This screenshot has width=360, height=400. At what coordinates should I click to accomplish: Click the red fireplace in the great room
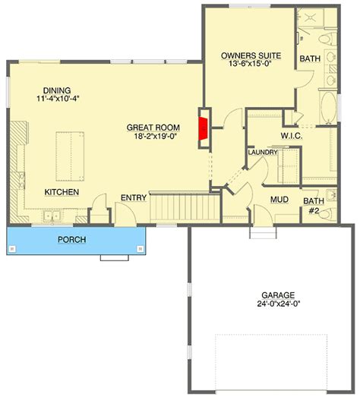[204, 128]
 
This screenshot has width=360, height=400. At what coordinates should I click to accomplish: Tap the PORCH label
[71, 240]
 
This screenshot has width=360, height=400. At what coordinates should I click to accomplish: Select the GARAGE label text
[278, 295]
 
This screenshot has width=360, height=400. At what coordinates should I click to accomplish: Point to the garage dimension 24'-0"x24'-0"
[278, 304]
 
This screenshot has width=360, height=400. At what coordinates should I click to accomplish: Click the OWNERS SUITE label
[251, 55]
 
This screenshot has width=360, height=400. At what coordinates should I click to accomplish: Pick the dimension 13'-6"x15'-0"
[250, 64]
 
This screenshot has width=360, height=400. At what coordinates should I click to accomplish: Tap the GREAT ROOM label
[153, 128]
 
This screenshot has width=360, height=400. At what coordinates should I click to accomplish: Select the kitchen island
[70, 156]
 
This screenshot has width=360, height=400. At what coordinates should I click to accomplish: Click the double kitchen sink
[52, 216]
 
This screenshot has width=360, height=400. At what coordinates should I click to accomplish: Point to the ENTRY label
[134, 197]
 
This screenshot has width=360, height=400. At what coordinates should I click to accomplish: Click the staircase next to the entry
[185, 208]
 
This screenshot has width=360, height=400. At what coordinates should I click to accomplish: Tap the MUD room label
[279, 200]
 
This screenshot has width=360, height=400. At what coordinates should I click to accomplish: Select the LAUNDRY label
[263, 153]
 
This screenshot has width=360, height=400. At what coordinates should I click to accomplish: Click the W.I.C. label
[292, 136]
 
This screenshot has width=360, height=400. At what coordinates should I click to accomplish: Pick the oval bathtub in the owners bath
[328, 107]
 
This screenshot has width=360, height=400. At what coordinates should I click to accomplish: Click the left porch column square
[11, 249]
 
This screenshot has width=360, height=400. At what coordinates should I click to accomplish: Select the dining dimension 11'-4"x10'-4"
[58, 99]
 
